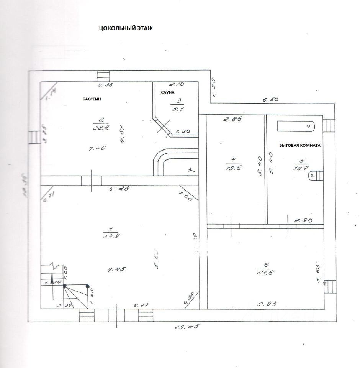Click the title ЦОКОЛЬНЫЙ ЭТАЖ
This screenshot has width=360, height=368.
126,28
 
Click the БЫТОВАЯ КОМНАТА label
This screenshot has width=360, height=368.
300,146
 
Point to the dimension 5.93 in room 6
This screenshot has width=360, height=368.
267,304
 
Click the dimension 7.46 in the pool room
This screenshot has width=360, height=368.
97,149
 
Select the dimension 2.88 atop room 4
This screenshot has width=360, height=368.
232,119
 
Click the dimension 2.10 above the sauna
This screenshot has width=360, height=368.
177,84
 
